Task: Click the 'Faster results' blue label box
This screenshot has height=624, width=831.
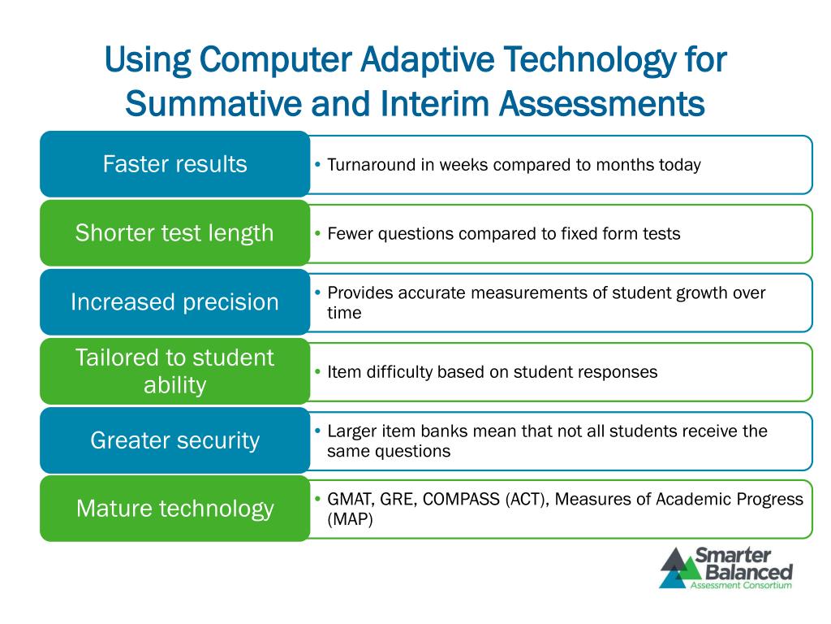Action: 175,164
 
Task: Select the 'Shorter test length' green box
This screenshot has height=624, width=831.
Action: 175,233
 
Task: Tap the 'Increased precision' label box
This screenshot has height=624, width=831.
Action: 175,302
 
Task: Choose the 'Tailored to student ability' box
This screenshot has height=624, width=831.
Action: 175,370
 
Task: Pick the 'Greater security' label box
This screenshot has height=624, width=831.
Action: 175,440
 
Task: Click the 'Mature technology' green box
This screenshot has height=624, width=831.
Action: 175,509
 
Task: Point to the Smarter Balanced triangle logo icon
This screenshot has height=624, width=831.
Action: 681,568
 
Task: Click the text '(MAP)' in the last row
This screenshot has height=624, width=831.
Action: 351,519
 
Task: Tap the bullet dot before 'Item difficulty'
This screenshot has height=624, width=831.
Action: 317,371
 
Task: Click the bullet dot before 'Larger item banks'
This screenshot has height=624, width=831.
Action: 317,431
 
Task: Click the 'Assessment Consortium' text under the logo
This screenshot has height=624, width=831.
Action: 741,585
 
